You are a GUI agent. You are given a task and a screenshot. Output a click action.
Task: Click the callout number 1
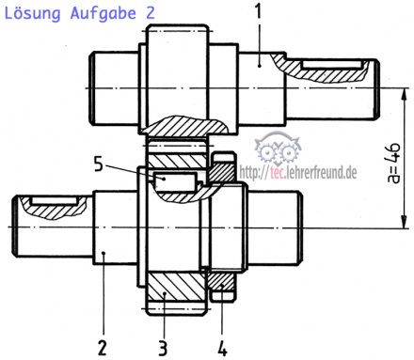pyautogui.click(x=259, y=11)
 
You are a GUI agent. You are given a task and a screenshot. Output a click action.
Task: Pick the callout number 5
pyautogui.click(x=99, y=164)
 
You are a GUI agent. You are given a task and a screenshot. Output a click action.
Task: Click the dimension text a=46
pyautogui.click(x=394, y=163)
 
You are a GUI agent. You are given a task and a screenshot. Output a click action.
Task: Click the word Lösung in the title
pyautogui.click(x=32, y=14)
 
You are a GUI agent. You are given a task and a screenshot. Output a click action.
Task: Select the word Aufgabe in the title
pyautogui.click(x=103, y=14)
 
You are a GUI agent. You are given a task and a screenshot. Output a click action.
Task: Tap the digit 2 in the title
pyautogui.click(x=151, y=13)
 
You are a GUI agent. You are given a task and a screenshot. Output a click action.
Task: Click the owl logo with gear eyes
pyautogui.click(x=278, y=149)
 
